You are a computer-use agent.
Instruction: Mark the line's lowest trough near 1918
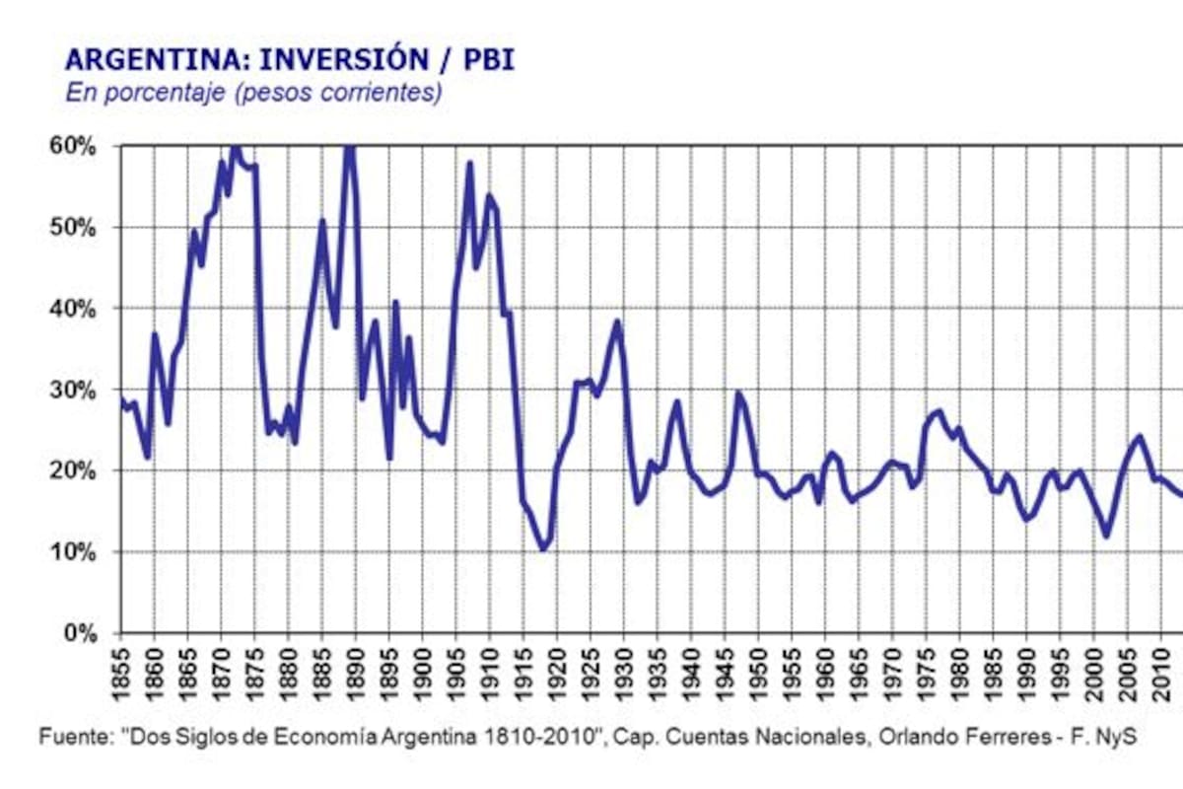(x=543, y=548)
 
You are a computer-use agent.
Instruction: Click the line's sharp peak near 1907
(x=469, y=163)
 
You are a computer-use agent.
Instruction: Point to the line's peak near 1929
(x=617, y=321)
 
